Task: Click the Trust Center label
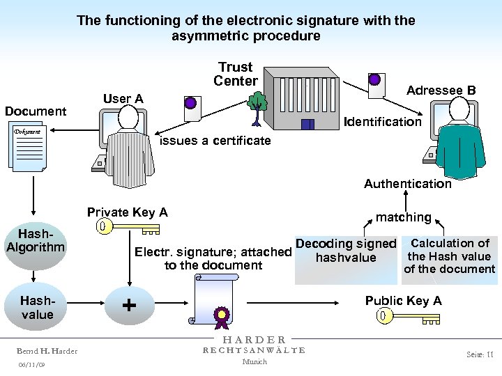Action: tap(235, 74)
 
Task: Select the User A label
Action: tap(123, 99)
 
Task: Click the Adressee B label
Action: tap(441, 91)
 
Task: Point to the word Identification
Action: tap(383, 122)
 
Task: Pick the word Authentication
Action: tap(407, 184)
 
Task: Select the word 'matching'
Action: tap(403, 217)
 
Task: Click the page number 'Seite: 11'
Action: tap(480, 354)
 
